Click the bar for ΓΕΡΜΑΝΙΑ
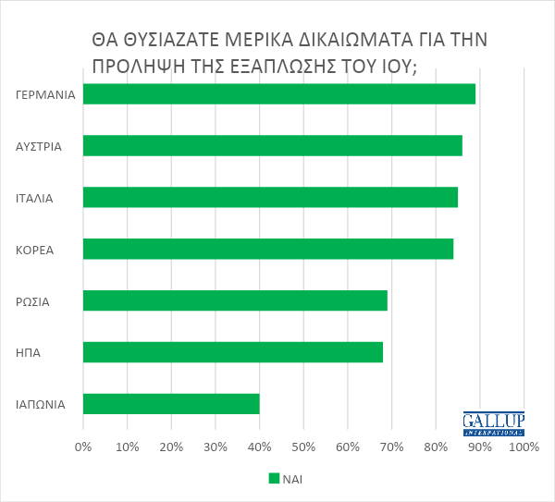pos(278,94)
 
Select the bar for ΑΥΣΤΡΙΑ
pos(272,146)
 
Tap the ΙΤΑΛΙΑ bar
pos(270,197)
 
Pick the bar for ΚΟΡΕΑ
pos(267,249)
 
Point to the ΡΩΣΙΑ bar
pos(235,300)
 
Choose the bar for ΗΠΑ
pos(232,352)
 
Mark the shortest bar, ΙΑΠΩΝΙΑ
pos(171,404)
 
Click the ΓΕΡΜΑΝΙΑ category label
pos(45,94)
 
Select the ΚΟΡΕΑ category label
pos(35,250)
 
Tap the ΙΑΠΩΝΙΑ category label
pos(41,404)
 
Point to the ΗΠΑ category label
pos(29,352)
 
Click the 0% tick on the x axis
pos(83,448)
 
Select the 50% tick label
pos(303,448)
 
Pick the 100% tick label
pos(524,448)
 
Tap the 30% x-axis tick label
pos(216,448)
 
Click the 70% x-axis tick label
pos(391,448)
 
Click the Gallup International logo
pos(493,423)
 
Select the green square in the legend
pos(274,479)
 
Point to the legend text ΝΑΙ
pos(293,479)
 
